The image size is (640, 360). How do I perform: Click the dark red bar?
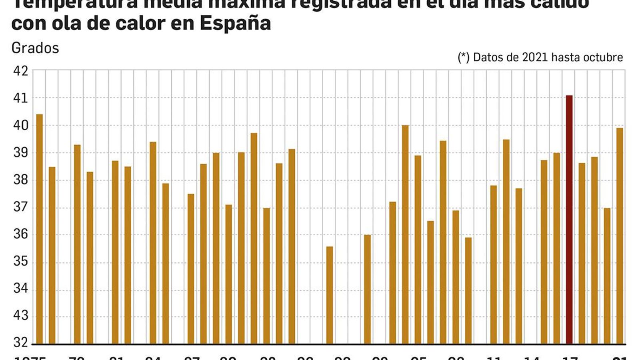[x=569, y=220]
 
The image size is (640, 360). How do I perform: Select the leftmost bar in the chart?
[x=39, y=229]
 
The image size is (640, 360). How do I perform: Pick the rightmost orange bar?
[x=620, y=236]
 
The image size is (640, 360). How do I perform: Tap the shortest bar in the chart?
[x=330, y=295]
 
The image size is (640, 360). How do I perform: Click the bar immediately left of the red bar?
[x=556, y=248]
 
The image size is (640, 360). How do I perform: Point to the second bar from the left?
[x=52, y=255]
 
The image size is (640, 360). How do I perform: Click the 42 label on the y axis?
[x=21, y=71]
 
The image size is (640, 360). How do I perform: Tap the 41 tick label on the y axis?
[x=21, y=98]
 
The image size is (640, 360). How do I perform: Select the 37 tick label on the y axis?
[x=21, y=207]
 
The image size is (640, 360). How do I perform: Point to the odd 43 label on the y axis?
[x=21, y=316]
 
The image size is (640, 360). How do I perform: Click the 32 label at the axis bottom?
[x=21, y=342]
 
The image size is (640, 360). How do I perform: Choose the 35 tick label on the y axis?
[x=21, y=262]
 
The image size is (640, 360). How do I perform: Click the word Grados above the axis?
[x=35, y=48]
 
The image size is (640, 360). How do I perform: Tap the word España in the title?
[x=235, y=23]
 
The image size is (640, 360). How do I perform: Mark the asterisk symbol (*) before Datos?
[x=464, y=57]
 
